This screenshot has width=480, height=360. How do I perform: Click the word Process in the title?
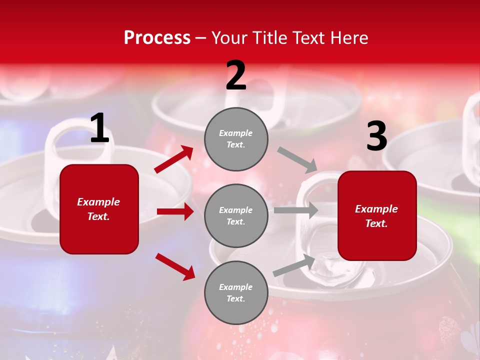point(157,38)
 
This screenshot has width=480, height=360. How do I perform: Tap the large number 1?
point(99,128)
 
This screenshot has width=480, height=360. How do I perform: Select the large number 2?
point(236,75)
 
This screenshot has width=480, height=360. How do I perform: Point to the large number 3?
point(376,136)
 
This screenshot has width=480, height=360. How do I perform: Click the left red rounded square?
point(99,209)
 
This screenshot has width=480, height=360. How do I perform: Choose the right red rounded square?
point(377,215)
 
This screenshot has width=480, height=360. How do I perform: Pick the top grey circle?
point(236,139)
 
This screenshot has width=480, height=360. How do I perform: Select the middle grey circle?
point(236,215)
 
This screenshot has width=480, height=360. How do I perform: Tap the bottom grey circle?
point(236,292)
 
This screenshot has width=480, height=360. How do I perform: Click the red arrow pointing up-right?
point(174,159)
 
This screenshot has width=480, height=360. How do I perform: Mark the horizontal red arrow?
point(175,211)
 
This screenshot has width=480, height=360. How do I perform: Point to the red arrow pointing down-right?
point(175,266)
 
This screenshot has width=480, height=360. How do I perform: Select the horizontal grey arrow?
point(295,210)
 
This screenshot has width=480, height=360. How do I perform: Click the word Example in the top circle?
point(236,133)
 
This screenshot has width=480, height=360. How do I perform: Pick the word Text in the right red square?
point(376,223)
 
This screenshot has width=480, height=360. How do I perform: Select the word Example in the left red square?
point(98,202)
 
